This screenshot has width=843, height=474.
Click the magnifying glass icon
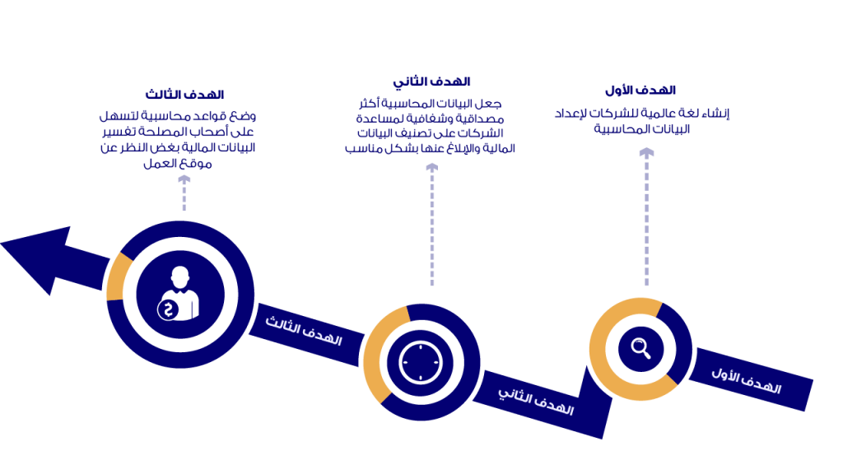click(x=640, y=348)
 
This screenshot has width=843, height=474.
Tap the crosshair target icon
click(x=421, y=360)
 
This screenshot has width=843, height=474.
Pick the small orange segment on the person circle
click(x=119, y=276)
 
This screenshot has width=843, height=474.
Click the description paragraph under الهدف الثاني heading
click(x=431, y=127)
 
